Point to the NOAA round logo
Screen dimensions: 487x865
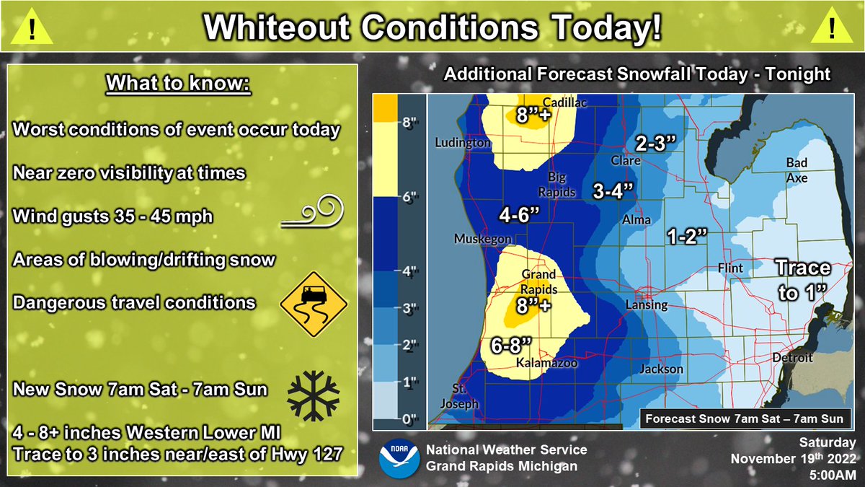397,457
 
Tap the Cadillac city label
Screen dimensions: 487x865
566,102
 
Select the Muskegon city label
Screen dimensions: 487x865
482,239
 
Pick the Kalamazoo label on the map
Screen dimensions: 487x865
547,364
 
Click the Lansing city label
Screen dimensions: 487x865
646,305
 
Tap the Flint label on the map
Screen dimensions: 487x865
730,268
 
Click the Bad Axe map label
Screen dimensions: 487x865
797,170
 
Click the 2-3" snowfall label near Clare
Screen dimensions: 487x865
655,143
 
